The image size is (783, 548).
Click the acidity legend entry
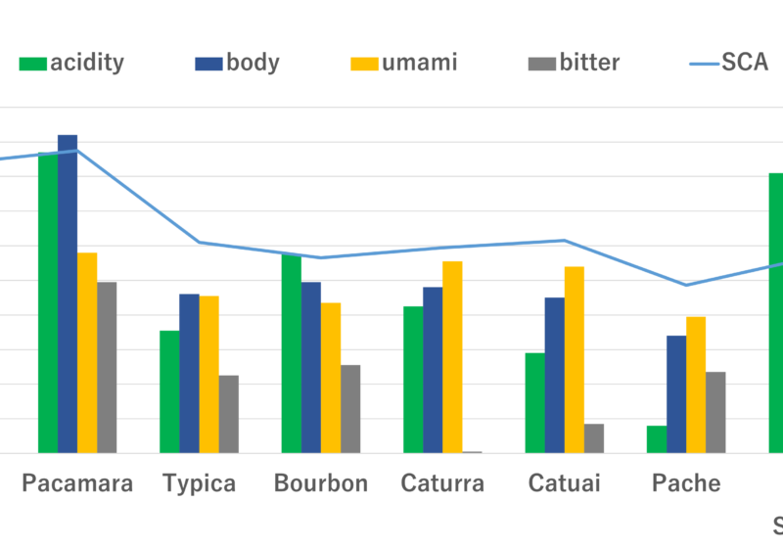[x=73, y=64]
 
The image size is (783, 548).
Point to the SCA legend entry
[x=729, y=64]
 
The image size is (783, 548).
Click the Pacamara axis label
[x=77, y=483]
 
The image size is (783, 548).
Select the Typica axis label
[x=199, y=483]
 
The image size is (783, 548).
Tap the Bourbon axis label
[x=321, y=483]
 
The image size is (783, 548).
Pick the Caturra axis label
[x=442, y=483]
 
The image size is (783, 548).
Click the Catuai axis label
[x=564, y=483]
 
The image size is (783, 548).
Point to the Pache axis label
[x=686, y=483]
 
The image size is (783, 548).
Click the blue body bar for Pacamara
[x=68, y=294]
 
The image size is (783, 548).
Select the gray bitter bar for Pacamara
[x=107, y=367]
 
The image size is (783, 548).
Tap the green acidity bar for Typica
[x=168, y=391]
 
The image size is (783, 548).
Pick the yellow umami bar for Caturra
[x=452, y=357]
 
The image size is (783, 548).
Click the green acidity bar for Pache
[x=656, y=439]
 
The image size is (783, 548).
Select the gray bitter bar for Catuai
[x=594, y=438]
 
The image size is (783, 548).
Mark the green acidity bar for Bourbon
[x=291, y=353]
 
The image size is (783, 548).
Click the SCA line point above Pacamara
[x=77, y=151]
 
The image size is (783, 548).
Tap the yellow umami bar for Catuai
[x=574, y=360]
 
